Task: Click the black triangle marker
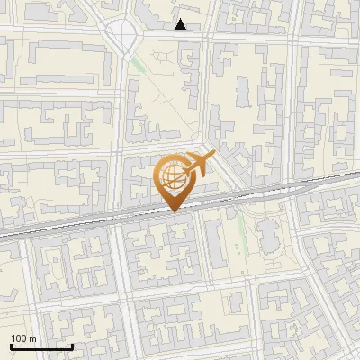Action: (181, 24)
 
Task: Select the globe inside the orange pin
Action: (172, 177)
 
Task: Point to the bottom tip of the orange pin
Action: (174, 211)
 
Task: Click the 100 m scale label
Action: (23, 338)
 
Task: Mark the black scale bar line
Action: (41, 346)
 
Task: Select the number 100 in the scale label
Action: (19, 338)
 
